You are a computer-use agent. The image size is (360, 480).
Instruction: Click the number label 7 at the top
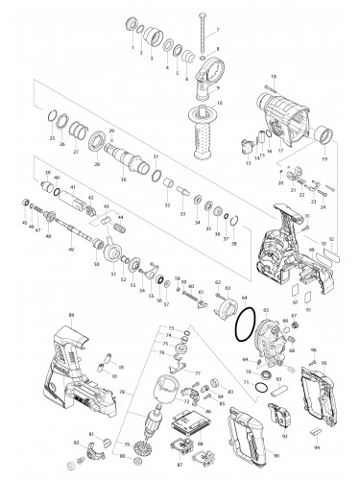coord(216,31)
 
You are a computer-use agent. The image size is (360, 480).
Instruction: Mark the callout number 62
coord(217,282)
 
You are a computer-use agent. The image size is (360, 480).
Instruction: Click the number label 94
coord(318,446)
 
